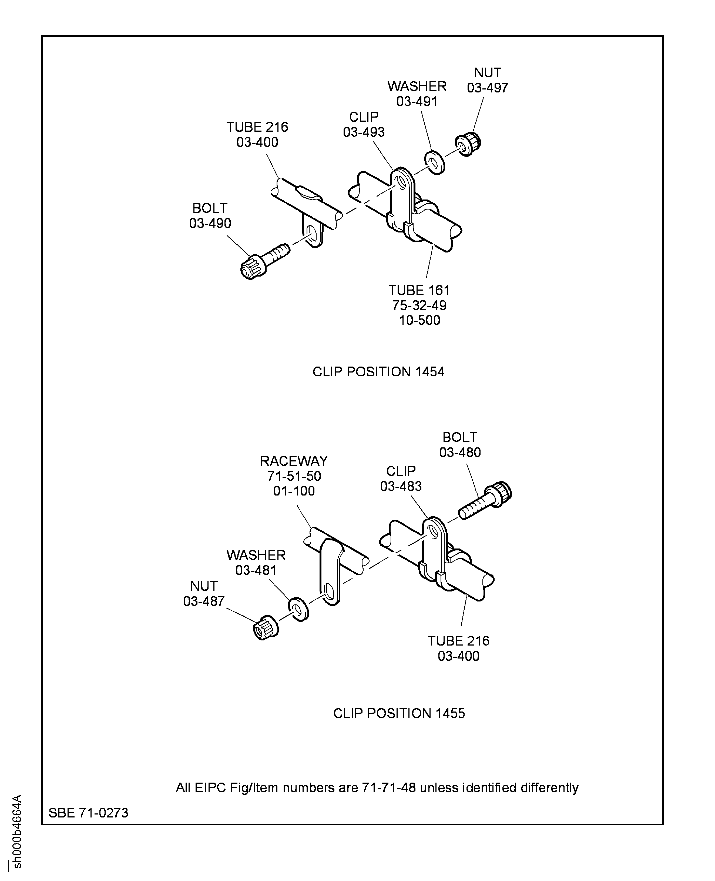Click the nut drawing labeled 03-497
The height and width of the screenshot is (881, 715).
(468, 144)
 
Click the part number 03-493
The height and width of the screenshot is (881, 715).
(364, 132)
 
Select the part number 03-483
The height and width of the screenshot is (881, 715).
(401, 487)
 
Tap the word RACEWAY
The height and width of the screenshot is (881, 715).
(294, 461)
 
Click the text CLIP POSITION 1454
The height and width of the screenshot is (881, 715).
(378, 372)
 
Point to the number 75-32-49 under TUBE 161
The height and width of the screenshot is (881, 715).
(419, 305)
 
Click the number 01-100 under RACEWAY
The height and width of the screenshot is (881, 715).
(294, 491)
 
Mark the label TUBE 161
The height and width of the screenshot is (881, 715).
(419, 290)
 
